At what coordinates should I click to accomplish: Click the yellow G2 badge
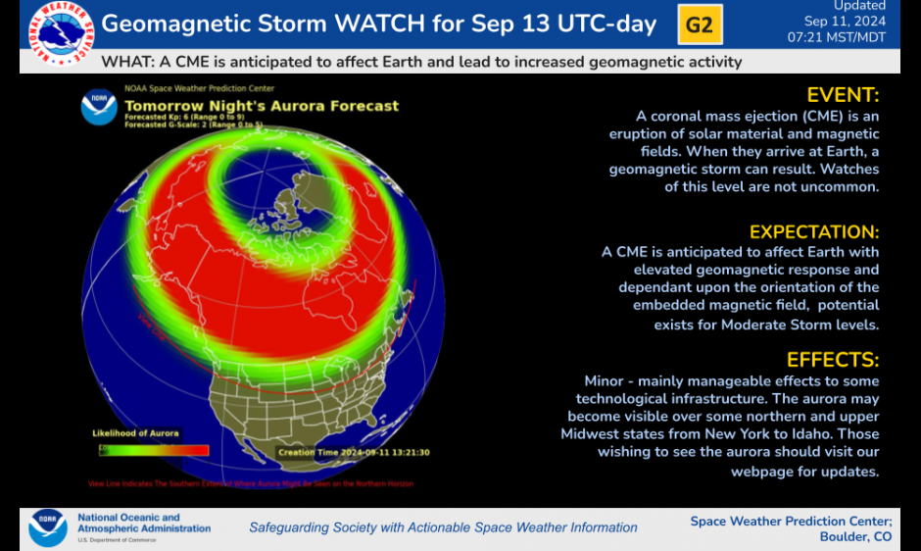700,25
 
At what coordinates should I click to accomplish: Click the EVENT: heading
842,95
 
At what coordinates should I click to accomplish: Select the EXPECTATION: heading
813,232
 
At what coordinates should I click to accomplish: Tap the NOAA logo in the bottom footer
48,526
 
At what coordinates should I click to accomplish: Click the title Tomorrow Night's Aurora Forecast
262,106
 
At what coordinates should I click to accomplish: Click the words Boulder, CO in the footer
856,536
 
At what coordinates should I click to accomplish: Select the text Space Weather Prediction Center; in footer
791,521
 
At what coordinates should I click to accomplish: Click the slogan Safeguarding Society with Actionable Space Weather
443,527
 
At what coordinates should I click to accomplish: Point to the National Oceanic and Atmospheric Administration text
143,523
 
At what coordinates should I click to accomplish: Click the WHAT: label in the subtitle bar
124,62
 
